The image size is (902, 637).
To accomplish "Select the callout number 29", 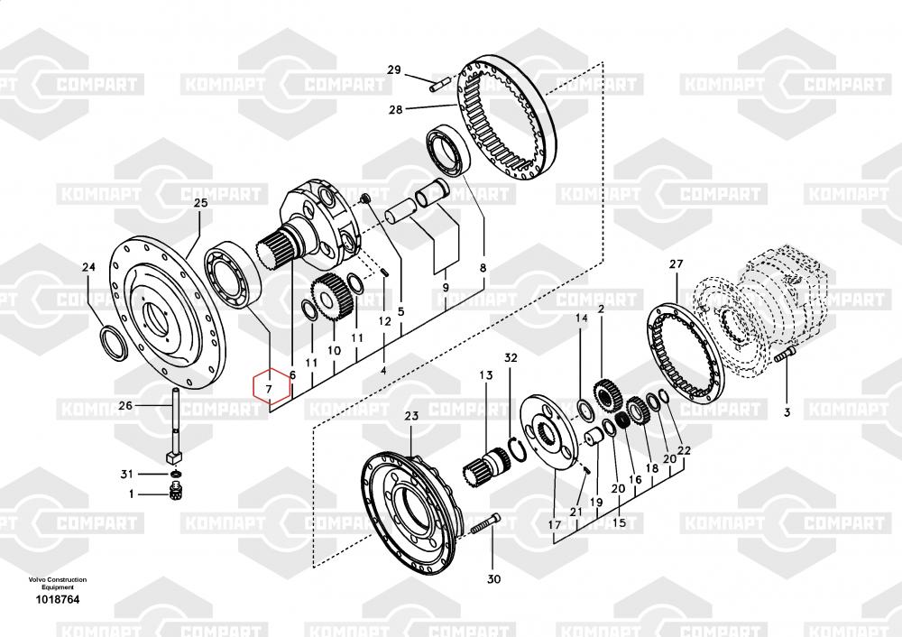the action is [x=394, y=70].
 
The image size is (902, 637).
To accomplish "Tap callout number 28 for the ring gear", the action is [x=396, y=109].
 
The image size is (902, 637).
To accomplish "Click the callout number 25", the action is [x=200, y=202].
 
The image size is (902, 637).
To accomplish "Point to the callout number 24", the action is [x=88, y=267].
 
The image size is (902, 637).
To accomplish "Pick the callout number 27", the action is [x=676, y=263].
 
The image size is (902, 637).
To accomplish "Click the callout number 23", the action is [x=411, y=415].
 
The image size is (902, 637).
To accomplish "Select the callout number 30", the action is [x=494, y=579].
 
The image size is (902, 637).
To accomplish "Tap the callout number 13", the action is [x=486, y=375].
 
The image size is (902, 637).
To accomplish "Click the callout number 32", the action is [x=511, y=357].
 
